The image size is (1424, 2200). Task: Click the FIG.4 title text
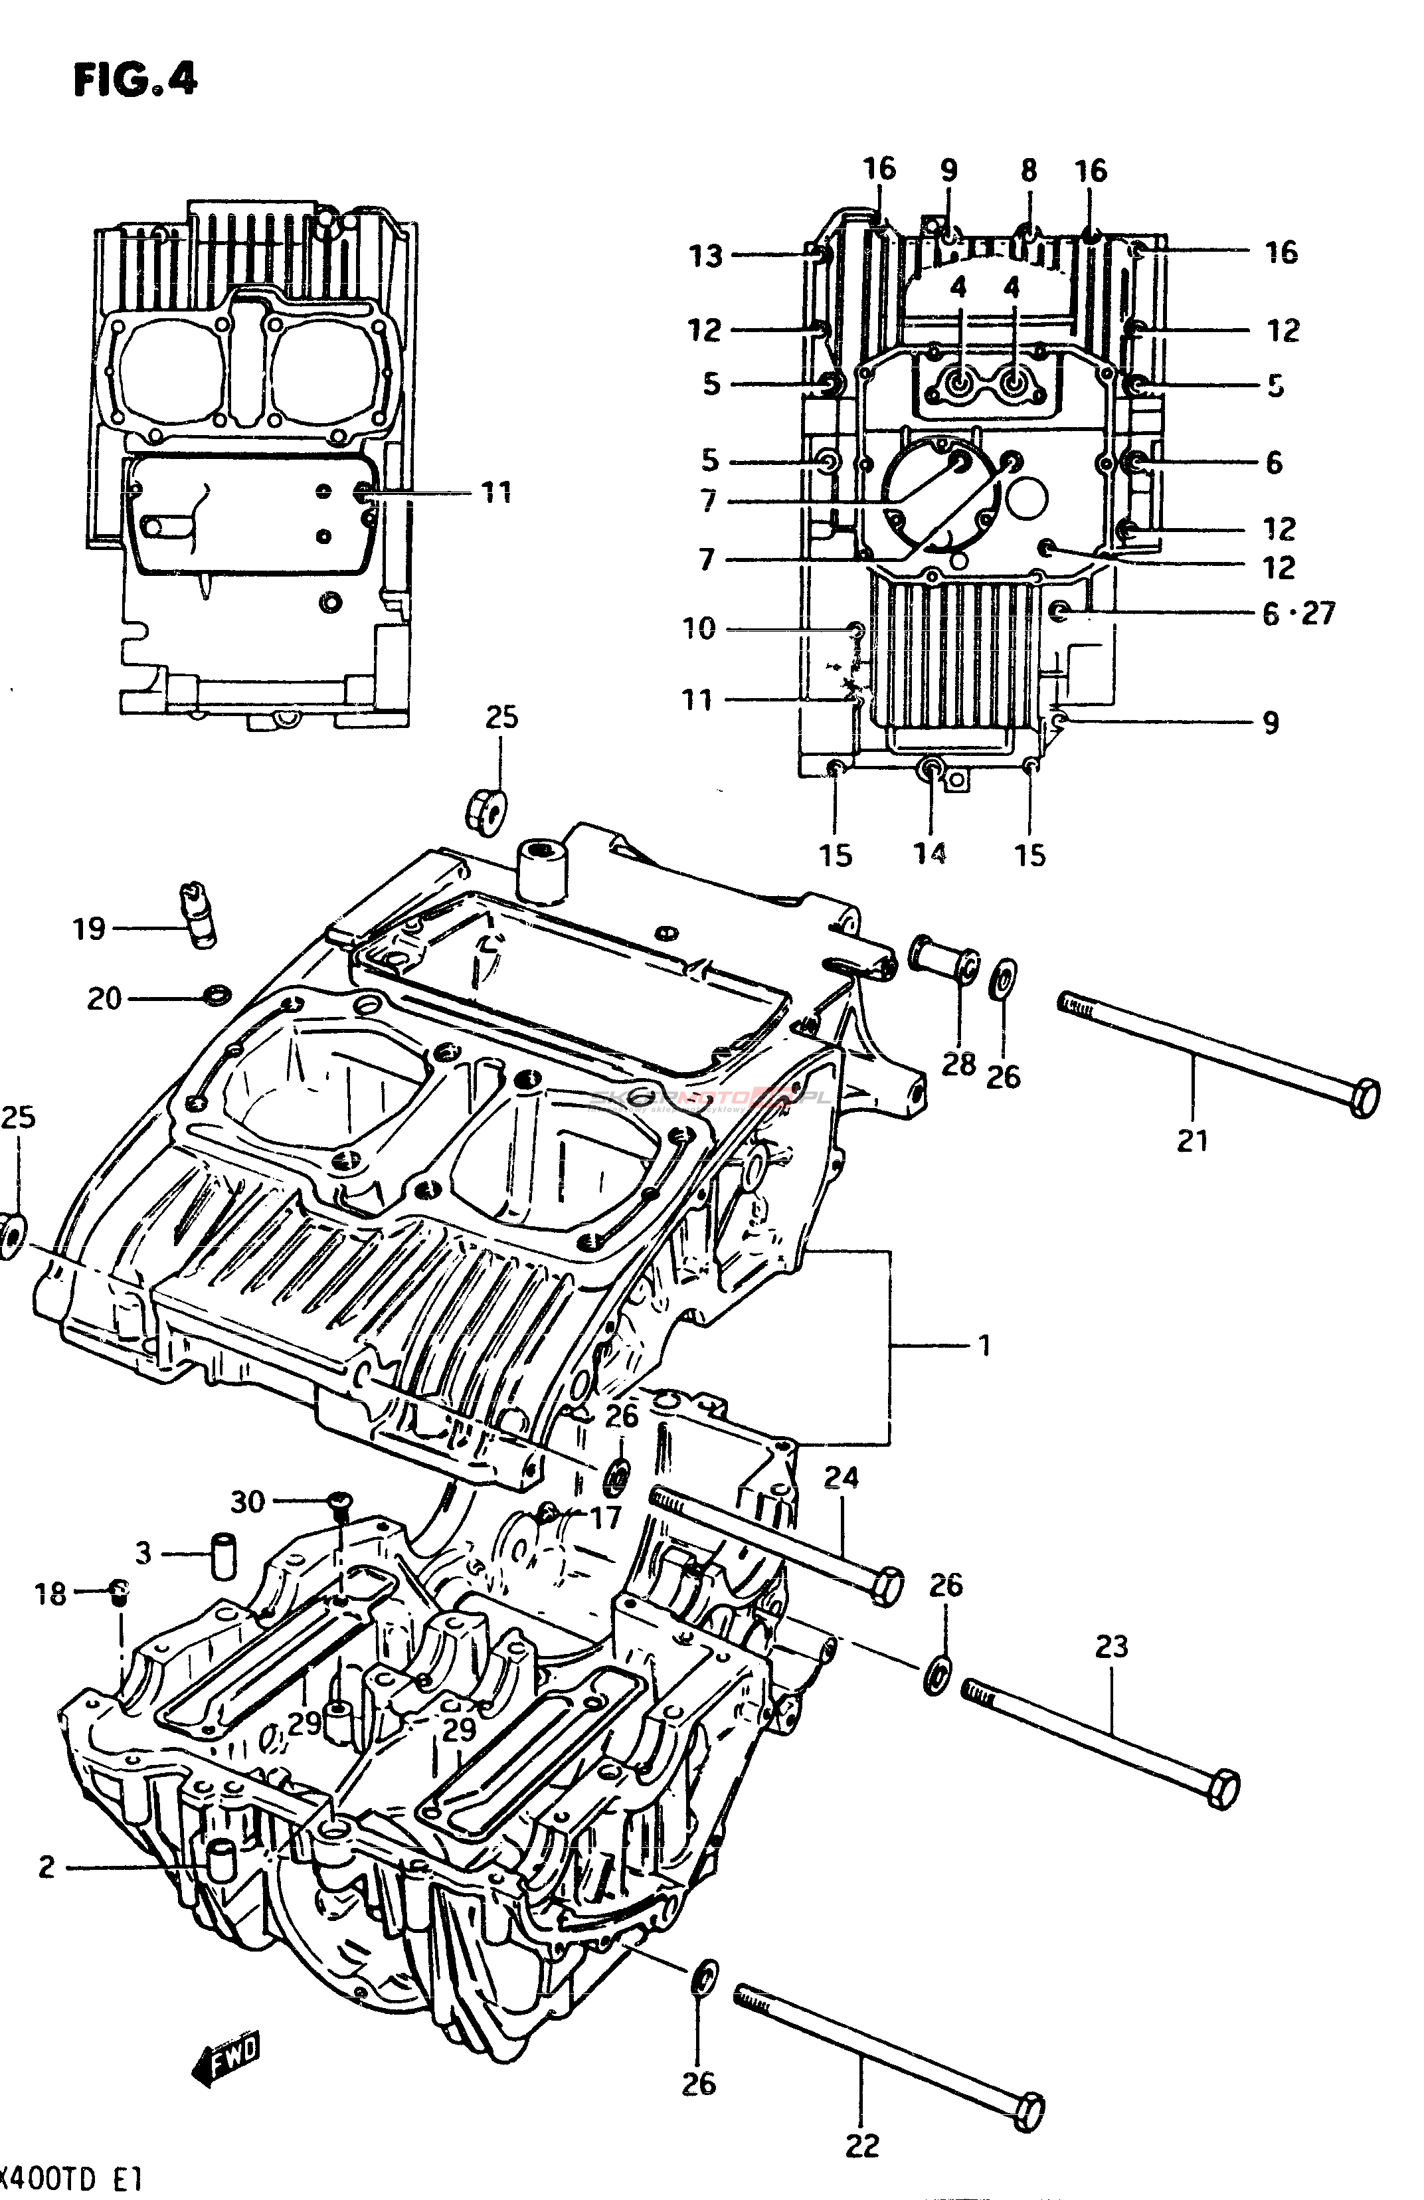[135, 80]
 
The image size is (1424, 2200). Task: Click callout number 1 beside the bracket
[984, 1345]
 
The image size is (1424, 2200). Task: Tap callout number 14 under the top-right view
[931, 853]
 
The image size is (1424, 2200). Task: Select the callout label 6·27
[1298, 614]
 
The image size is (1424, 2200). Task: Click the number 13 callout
[707, 256]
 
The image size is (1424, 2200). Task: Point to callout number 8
[1029, 170]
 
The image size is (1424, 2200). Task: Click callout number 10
[699, 630]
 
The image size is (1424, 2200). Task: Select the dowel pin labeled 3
[224, 1556]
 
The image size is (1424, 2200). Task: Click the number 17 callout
[605, 1517]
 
